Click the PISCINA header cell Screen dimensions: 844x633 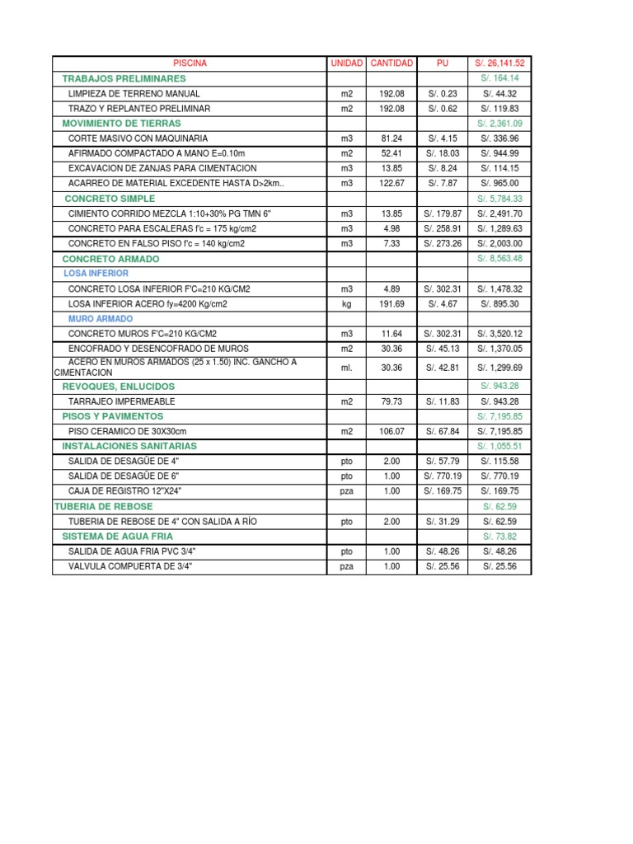(190, 63)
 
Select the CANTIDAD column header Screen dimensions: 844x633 (392, 63)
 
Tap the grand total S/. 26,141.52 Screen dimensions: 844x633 (499, 63)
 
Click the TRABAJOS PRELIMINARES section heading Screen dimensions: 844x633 (124, 77)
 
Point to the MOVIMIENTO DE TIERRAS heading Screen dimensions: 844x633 (121, 123)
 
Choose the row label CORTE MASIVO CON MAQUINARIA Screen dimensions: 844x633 (138, 138)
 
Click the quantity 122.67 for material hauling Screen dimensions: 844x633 (392, 183)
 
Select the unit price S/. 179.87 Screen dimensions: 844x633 (443, 213)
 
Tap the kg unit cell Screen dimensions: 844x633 (346, 304)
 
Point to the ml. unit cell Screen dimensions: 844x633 (346, 368)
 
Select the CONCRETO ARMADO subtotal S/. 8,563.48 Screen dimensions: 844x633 (499, 259)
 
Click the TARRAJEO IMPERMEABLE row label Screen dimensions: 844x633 (121, 401)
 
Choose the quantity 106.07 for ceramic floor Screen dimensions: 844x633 (392, 431)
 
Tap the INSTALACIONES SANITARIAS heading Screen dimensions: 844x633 (129, 446)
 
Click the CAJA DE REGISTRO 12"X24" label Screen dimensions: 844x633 (124, 490)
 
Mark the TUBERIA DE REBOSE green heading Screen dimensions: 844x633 (103, 506)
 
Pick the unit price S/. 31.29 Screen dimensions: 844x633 (443, 522)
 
